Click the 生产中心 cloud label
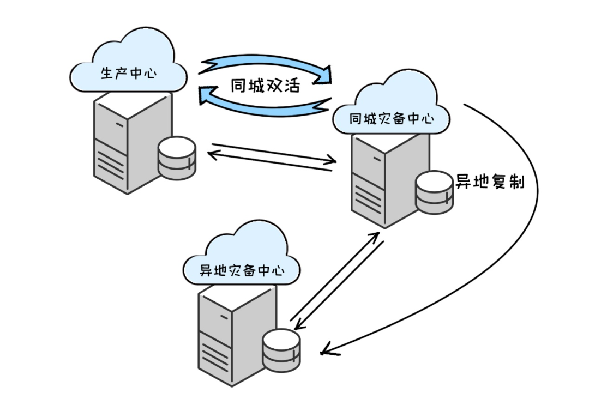point(129,73)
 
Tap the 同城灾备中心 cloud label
point(392,119)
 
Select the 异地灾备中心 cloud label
point(242,270)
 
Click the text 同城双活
point(265,86)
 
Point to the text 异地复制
point(490,182)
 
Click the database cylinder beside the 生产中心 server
point(177,158)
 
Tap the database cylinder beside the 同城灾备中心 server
point(434,192)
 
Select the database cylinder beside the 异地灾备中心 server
point(281,350)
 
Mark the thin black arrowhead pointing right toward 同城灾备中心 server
point(330,160)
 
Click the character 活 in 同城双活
point(292,86)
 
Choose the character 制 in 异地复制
point(516,182)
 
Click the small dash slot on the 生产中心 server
point(120,125)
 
